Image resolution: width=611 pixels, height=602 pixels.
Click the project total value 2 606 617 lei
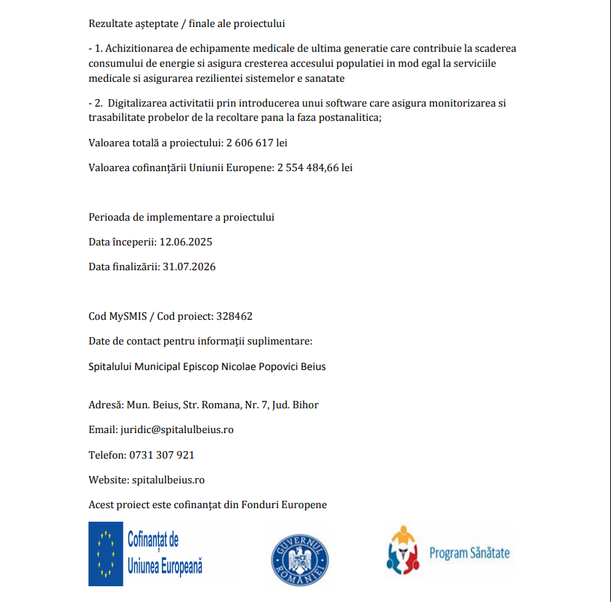(x=257, y=143)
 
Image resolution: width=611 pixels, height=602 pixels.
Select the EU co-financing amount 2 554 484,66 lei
(x=314, y=167)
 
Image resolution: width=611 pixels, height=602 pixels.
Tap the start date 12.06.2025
(x=186, y=242)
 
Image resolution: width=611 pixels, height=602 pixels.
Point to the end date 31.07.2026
(x=189, y=266)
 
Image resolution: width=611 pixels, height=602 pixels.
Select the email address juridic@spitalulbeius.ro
(x=177, y=429)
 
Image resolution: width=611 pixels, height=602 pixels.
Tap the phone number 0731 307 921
(x=162, y=455)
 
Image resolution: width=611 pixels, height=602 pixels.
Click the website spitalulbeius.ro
(x=168, y=480)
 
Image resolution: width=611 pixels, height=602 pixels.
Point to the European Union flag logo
(x=106, y=554)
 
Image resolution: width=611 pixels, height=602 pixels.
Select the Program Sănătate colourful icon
(x=403, y=552)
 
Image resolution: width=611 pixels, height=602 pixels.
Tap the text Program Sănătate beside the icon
(x=469, y=554)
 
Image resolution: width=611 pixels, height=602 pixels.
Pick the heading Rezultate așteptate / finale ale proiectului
(x=187, y=23)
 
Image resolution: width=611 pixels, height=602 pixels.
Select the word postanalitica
(x=351, y=117)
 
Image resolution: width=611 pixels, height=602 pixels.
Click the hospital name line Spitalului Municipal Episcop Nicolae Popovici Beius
(x=207, y=367)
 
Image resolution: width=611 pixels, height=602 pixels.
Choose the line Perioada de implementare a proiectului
(x=181, y=217)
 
